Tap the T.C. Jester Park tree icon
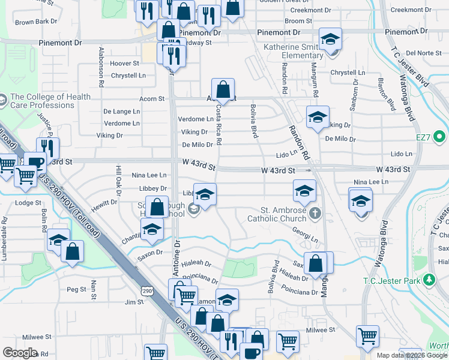click(x=429, y=280)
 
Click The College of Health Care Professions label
click(x=50, y=101)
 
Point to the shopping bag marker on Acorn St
click(x=223, y=90)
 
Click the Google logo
click(x=20, y=353)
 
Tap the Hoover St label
click(x=124, y=63)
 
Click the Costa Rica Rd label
click(x=219, y=125)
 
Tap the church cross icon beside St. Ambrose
click(x=316, y=212)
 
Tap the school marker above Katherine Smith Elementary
click(x=330, y=40)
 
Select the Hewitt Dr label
click(x=104, y=203)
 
